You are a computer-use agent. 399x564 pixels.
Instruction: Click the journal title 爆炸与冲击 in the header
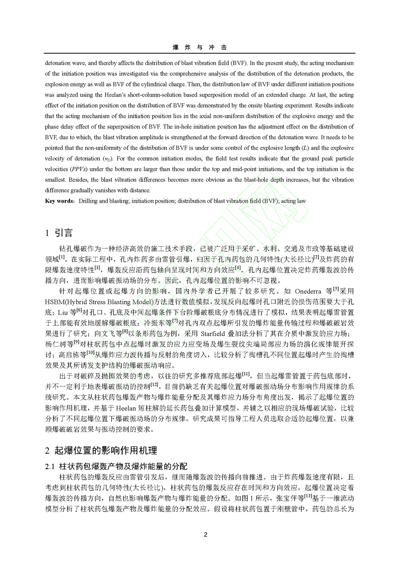click(199, 47)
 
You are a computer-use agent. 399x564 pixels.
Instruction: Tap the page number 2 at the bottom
click(205, 534)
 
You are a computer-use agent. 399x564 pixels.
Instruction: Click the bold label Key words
click(60, 201)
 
